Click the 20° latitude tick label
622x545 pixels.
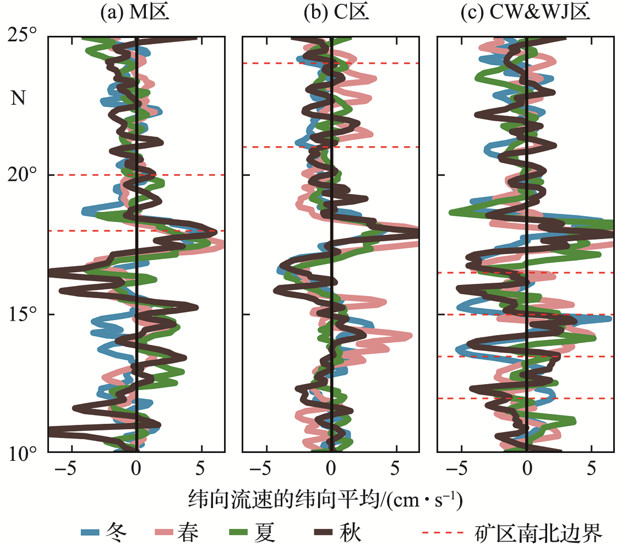pyautogui.click(x=23, y=175)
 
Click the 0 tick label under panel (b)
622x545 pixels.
pyautogui.click(x=331, y=470)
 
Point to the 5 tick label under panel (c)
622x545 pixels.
pyautogui.click(x=591, y=470)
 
